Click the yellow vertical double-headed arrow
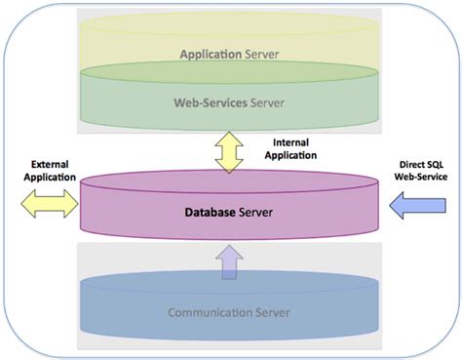[230, 153]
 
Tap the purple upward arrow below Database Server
[230, 261]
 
